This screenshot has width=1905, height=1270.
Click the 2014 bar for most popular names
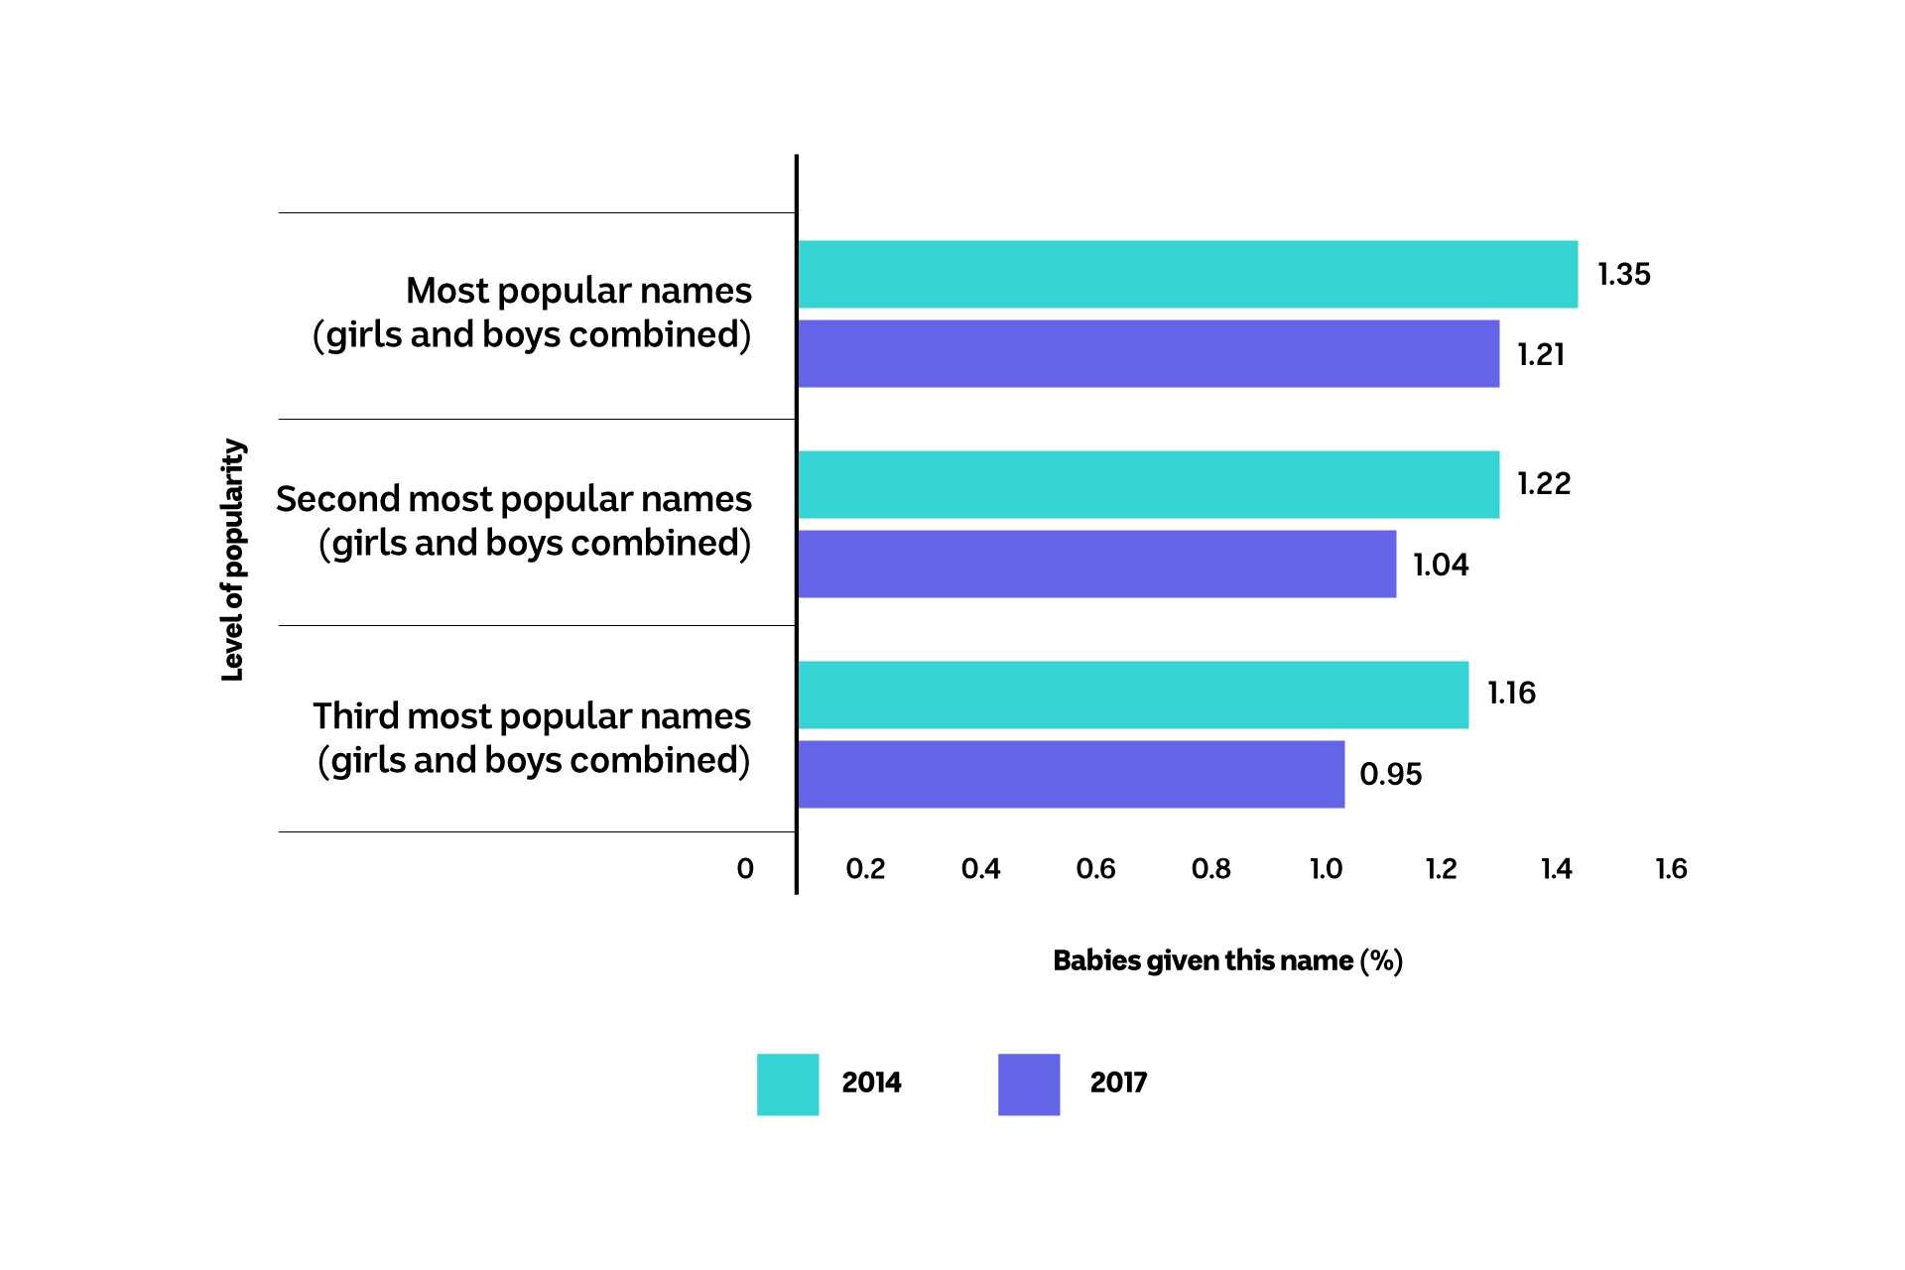point(1187,274)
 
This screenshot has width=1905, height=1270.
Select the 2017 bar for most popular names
point(1148,353)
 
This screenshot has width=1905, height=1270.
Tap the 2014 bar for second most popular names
point(1148,484)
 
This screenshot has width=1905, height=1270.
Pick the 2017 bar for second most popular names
point(1096,564)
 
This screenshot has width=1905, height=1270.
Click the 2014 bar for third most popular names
point(1132,695)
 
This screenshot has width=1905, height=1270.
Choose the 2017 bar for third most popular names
point(1071,774)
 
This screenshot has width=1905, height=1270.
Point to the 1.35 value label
point(1623,274)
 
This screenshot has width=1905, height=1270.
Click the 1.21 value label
point(1541,354)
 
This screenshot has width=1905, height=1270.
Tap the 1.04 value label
point(1441,565)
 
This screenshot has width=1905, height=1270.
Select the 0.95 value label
point(1390,774)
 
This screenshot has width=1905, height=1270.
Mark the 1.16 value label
point(1511,693)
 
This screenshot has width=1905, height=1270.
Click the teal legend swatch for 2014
point(788,1083)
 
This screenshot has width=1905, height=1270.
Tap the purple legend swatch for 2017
point(1029,1083)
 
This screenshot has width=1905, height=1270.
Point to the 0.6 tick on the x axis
point(1095,869)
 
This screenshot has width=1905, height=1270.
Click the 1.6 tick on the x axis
point(1671,869)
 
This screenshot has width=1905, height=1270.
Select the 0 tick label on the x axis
point(745,869)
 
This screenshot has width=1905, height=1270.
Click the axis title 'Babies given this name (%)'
point(1227,960)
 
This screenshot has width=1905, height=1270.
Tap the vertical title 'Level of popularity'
point(232,560)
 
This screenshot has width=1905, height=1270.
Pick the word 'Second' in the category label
point(337,499)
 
